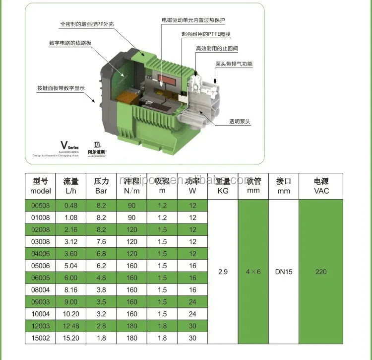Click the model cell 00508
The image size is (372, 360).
pyautogui.click(x=41, y=206)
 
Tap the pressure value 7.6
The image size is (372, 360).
pyautogui.click(x=101, y=242)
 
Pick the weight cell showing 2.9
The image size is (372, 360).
pyautogui.click(x=223, y=272)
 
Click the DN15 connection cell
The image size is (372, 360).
pyautogui.click(x=284, y=272)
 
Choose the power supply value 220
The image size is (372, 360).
pyautogui.click(x=321, y=272)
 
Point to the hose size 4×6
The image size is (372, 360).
pyautogui.click(x=253, y=272)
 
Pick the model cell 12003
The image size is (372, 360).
pyautogui.click(x=41, y=326)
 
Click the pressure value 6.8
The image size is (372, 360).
pyautogui.click(x=101, y=254)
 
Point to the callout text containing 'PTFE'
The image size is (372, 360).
pyautogui.click(x=206, y=34)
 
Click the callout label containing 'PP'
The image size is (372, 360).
pyautogui.click(x=84, y=23)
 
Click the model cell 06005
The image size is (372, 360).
pyautogui.click(x=41, y=278)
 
